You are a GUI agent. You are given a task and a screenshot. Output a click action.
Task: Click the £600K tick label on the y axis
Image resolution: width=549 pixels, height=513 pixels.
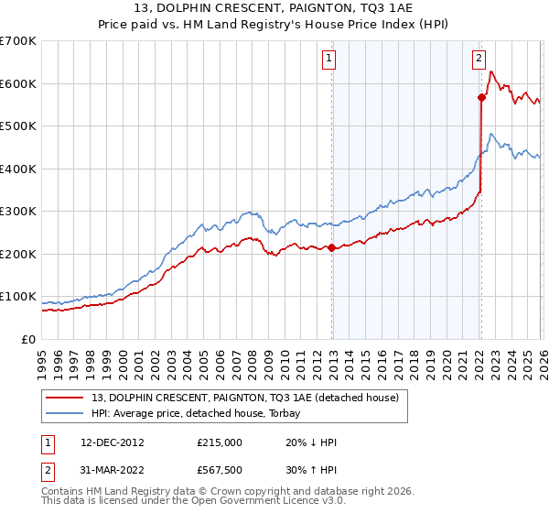tap(17, 83)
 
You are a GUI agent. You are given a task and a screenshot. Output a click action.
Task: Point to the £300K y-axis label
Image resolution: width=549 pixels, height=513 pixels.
tap(17, 212)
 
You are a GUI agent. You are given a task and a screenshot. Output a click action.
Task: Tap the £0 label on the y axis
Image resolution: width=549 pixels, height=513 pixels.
tap(29, 340)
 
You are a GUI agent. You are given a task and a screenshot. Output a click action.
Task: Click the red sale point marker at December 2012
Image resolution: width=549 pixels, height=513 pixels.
tap(331, 247)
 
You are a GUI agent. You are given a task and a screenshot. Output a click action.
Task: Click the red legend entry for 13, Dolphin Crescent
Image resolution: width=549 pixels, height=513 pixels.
tap(244, 398)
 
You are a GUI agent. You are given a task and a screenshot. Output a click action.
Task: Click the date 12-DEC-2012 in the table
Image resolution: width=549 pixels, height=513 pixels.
tap(112, 442)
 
